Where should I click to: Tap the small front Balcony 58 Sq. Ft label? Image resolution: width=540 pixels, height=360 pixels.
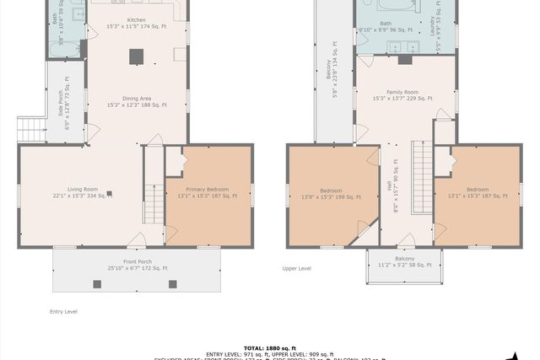coord(404,261)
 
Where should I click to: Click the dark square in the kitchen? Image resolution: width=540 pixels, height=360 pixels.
coord(136,56)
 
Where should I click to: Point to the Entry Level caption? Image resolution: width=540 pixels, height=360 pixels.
coord(63,311)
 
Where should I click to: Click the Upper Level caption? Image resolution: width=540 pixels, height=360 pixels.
coord(296,269)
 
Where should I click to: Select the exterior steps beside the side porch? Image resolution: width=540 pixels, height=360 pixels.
coord(30,130)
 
